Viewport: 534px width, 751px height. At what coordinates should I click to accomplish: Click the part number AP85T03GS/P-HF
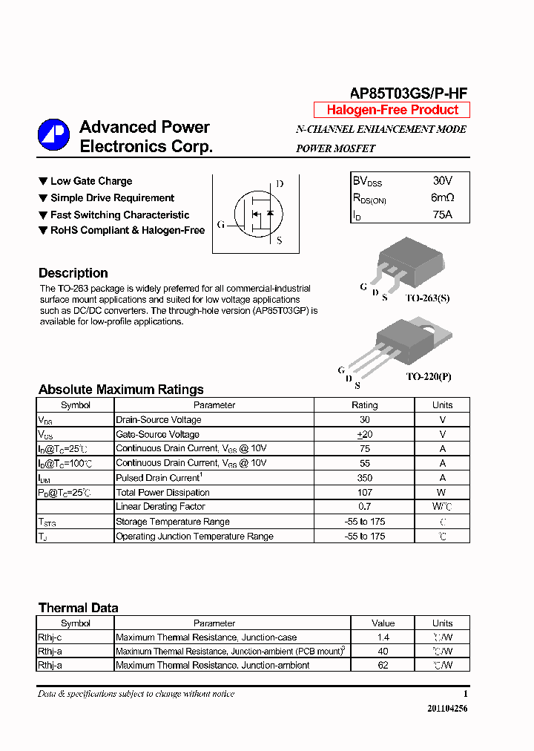coord(409,93)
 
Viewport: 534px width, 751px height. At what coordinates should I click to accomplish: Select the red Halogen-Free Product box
coord(392,110)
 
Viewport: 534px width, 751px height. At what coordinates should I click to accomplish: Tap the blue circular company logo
coord(53,134)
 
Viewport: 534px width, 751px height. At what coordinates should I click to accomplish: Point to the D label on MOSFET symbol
coord(279,184)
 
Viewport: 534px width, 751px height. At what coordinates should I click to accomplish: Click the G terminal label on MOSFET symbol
coord(220,224)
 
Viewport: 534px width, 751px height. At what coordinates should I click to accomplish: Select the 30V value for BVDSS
coord(442,181)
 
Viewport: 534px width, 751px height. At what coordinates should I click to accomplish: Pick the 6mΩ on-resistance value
coord(442,198)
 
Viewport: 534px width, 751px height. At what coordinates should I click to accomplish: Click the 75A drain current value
coord(442,215)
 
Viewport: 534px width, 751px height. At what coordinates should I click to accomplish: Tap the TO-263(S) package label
coord(427,298)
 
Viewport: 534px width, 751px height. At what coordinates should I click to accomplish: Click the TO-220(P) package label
coord(428,376)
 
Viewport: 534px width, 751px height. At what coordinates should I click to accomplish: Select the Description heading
coord(73,273)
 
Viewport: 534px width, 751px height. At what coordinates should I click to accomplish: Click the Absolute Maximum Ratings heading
coord(121,390)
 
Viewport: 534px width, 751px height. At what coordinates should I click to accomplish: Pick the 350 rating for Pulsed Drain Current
coord(364,478)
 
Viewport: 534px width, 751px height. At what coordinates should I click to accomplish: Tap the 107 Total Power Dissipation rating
coord(364,493)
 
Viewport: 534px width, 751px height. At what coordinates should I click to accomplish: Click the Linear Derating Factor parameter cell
coord(160,507)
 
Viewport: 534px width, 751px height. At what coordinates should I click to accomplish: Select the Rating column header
coord(364,405)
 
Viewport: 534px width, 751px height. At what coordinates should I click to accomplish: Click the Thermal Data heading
coord(78,608)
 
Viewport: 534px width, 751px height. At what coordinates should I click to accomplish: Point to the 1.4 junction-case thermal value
coord(383,637)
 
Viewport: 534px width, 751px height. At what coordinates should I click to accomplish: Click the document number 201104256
coord(447,709)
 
